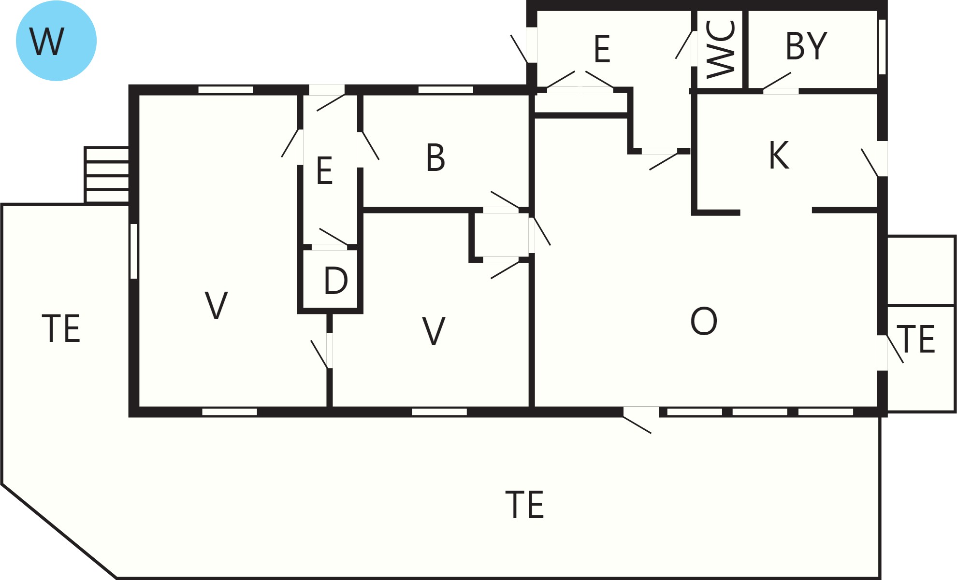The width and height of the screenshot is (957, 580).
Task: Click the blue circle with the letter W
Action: [56, 41]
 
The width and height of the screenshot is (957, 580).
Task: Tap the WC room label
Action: [721, 49]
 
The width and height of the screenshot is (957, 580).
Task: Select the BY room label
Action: [806, 46]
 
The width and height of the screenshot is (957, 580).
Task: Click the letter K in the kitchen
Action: [779, 155]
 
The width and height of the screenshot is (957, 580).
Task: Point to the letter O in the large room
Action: [704, 321]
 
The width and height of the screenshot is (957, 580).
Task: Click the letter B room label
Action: [435, 157]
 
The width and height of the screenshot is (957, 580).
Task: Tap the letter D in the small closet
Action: [336, 281]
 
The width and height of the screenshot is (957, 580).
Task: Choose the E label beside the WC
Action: [602, 49]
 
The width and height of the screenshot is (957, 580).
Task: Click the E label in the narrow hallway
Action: [324, 170]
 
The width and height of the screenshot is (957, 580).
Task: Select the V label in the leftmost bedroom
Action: [216, 305]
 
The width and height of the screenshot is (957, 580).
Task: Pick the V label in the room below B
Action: [434, 331]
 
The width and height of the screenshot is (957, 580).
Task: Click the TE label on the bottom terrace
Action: [524, 505]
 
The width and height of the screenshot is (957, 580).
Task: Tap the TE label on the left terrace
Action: [61, 329]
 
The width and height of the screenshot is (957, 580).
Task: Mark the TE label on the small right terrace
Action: [916, 339]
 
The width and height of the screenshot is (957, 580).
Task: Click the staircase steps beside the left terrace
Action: [107, 175]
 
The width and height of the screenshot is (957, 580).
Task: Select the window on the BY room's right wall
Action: [882, 47]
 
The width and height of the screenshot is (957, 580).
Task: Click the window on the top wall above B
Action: [446, 90]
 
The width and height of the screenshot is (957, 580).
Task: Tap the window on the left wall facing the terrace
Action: [134, 251]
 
